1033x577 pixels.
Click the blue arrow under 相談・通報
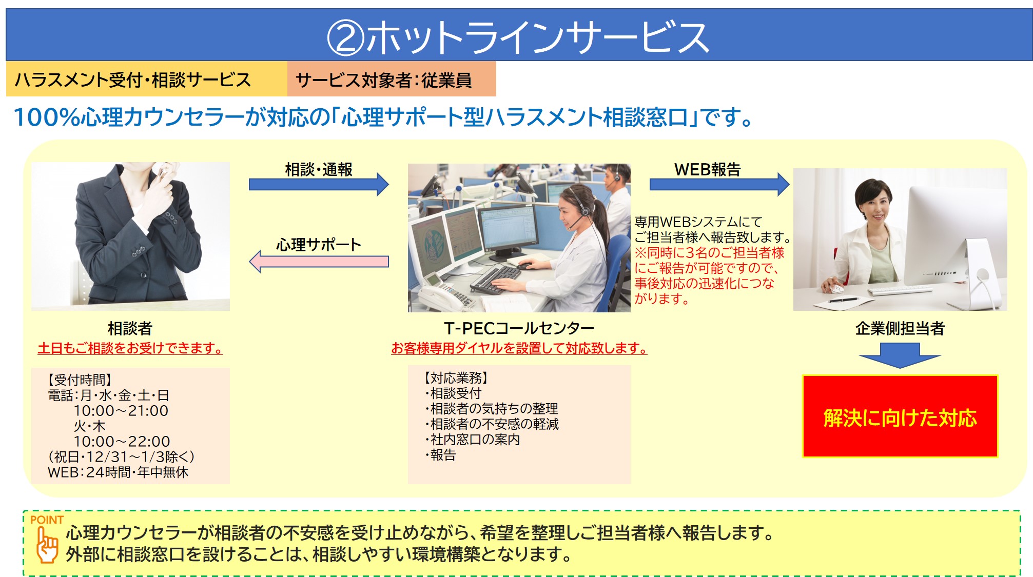coord(319,184)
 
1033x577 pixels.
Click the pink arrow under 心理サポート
coord(319,262)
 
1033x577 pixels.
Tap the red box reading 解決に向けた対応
coord(900,416)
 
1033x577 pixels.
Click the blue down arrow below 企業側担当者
coord(900,355)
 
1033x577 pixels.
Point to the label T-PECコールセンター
coord(519,328)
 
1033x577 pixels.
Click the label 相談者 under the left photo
coord(130,328)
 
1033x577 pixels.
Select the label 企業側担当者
coord(900,328)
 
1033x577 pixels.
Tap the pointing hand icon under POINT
coord(47,545)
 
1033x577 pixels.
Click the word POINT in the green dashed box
coord(47,520)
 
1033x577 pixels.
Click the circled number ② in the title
coord(345,37)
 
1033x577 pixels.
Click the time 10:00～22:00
coord(122,441)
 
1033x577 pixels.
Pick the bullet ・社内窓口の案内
coord(472,440)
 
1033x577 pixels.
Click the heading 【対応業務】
coord(456,378)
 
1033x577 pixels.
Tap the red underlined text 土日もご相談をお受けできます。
coord(130,348)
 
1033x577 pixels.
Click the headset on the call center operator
coord(581,205)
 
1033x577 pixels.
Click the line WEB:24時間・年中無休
coord(118,472)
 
